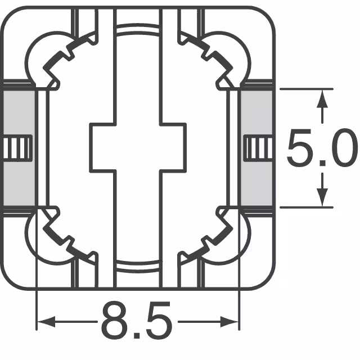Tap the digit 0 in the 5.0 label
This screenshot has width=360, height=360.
(x=342, y=148)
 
